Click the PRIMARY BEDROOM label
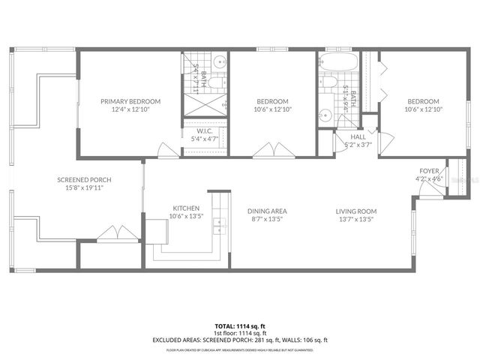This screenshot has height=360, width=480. click(x=131, y=101)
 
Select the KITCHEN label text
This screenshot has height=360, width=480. click(x=185, y=208)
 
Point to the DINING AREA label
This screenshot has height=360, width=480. click(x=267, y=211)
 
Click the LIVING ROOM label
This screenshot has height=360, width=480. click(x=355, y=211)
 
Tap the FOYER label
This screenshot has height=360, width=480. click(x=429, y=171)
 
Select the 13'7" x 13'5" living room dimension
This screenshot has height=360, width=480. click(x=355, y=219)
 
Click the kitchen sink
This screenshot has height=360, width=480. click(x=218, y=223)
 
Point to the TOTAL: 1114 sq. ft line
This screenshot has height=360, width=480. click(x=240, y=326)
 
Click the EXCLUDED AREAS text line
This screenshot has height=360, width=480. click(x=240, y=340)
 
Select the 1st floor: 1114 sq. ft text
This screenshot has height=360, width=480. click(x=240, y=333)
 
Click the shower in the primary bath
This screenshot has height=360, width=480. click(x=206, y=106)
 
